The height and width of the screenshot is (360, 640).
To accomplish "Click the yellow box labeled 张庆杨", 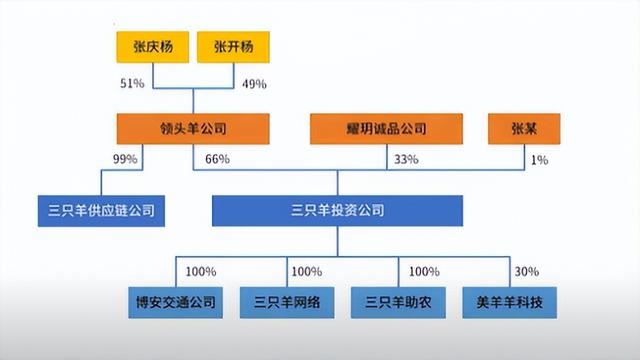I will pos(153,46).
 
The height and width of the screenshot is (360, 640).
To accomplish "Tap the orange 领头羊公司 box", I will pos(192,128).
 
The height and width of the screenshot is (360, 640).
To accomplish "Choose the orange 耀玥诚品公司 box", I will pos(387,128).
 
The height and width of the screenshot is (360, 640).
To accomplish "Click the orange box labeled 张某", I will pos(521,128).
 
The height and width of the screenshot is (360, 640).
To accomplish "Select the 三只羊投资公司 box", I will pos(337,210).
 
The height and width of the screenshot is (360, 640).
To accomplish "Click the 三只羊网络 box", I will pos(283,300).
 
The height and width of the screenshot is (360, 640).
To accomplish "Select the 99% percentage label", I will pos(126,160).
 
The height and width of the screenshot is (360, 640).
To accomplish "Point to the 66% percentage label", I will pos(218,160).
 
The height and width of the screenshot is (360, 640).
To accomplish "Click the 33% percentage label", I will pos(408,160).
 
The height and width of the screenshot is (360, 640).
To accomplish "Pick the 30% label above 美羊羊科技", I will pos(527,271).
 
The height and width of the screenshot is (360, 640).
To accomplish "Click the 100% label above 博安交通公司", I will pos(202,271).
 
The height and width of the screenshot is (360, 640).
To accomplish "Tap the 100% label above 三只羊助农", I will pos(424,271).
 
